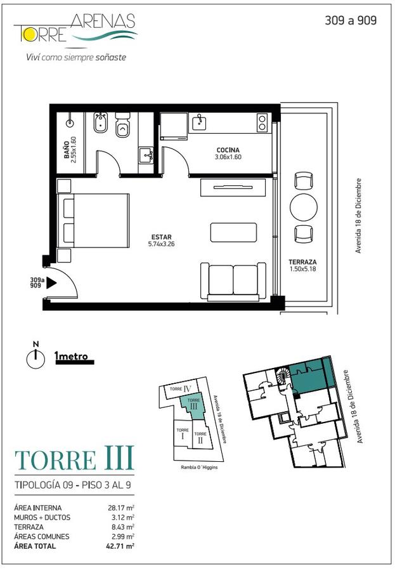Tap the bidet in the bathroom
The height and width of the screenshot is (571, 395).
(100, 122)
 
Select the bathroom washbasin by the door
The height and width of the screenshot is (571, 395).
(146, 155)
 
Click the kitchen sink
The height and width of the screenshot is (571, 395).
(199, 122)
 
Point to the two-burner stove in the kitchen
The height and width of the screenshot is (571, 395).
(262, 122)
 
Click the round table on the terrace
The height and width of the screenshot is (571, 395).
(303, 207)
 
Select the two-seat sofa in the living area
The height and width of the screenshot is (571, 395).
(233, 281)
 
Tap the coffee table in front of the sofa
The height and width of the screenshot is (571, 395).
(233, 232)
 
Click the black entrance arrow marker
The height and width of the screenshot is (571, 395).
(52, 282)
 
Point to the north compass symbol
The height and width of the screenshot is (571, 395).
(36, 356)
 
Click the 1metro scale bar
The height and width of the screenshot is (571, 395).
(74, 358)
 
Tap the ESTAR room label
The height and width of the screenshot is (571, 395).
(161, 237)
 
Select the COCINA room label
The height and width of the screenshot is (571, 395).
(228, 150)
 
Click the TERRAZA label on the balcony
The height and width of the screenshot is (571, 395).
(302, 262)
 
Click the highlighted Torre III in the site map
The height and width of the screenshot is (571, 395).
(193, 407)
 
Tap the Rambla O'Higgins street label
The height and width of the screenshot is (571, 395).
(199, 467)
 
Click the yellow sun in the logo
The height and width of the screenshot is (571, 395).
(28, 34)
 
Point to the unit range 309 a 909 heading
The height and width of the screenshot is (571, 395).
(351, 20)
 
